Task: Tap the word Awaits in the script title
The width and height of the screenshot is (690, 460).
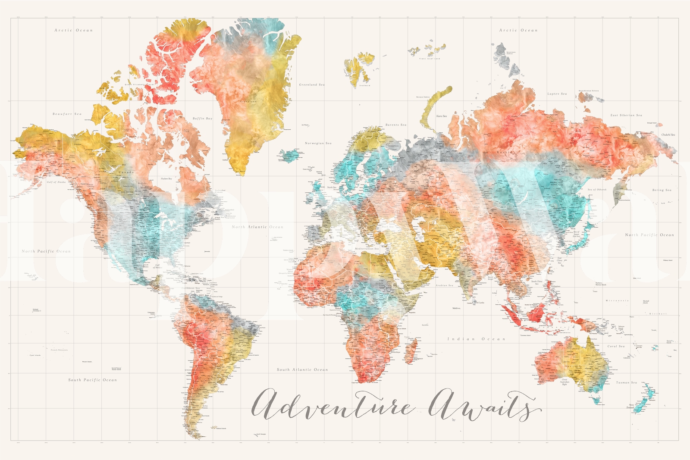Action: click(483, 405)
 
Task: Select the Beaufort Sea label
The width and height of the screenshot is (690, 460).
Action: click(67, 114)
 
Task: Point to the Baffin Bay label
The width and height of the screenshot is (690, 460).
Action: click(202, 118)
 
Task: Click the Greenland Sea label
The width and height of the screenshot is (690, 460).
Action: click(312, 84)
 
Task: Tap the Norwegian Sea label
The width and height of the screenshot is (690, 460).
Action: click(318, 143)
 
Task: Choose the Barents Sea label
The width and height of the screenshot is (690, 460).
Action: click(396, 125)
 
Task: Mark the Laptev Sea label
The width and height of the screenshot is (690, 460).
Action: click(557, 94)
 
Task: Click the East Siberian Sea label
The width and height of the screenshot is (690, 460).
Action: click(626, 115)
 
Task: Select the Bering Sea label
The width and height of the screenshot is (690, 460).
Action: click(662, 190)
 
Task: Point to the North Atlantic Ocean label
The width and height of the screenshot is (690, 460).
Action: click(257, 227)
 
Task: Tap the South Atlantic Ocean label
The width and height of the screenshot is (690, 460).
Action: click(302, 369)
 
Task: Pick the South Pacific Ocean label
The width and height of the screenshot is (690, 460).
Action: click(92, 380)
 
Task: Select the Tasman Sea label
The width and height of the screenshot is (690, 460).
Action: click(626, 382)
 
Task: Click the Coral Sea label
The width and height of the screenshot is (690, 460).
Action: click(616, 346)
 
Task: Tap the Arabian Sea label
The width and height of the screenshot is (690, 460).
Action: click(444, 285)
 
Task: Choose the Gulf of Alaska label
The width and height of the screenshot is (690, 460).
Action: click(56, 182)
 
